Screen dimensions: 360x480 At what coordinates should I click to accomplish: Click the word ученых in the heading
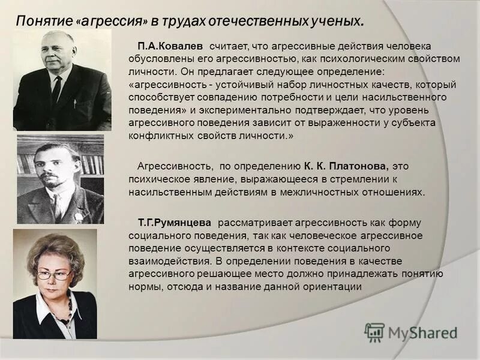(x=335, y=22)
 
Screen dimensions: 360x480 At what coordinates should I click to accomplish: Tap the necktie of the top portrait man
(x=56, y=90)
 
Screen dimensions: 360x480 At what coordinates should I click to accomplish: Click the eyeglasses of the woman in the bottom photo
(x=54, y=275)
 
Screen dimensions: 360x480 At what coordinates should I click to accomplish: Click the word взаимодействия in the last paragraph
(x=166, y=262)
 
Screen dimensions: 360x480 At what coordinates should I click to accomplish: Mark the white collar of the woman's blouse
(x=45, y=306)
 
